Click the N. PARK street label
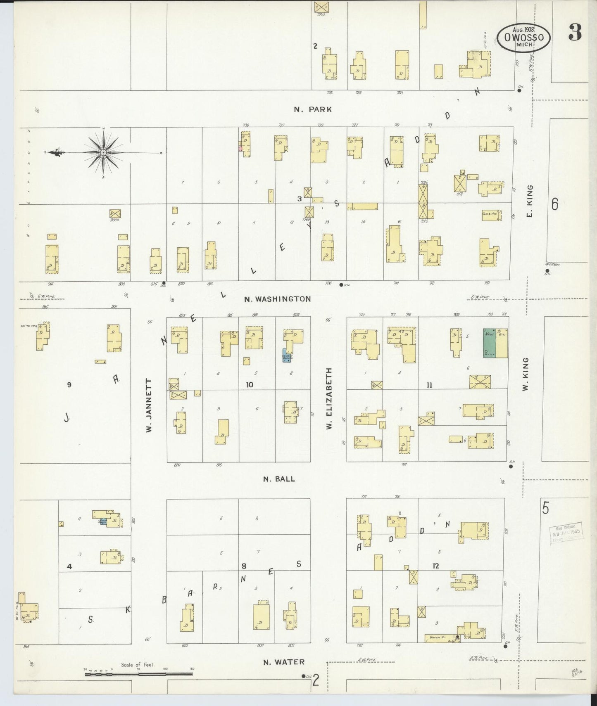pos(313,109)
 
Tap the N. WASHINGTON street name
pos(277,299)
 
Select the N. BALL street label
pos(279,479)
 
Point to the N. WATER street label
pos(284,662)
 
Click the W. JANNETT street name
pos(149,405)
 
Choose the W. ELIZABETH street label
pos(329,399)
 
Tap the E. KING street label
pos(530,201)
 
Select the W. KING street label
pos(526,374)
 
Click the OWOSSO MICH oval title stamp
pos(523,37)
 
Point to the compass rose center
pos(103,153)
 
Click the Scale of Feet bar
pos(138,674)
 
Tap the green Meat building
pos(490,343)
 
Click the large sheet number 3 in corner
pos(575,32)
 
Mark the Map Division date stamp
pos(565,533)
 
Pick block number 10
pos(250,385)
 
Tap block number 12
pos(435,566)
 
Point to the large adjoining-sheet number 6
pos(554,204)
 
